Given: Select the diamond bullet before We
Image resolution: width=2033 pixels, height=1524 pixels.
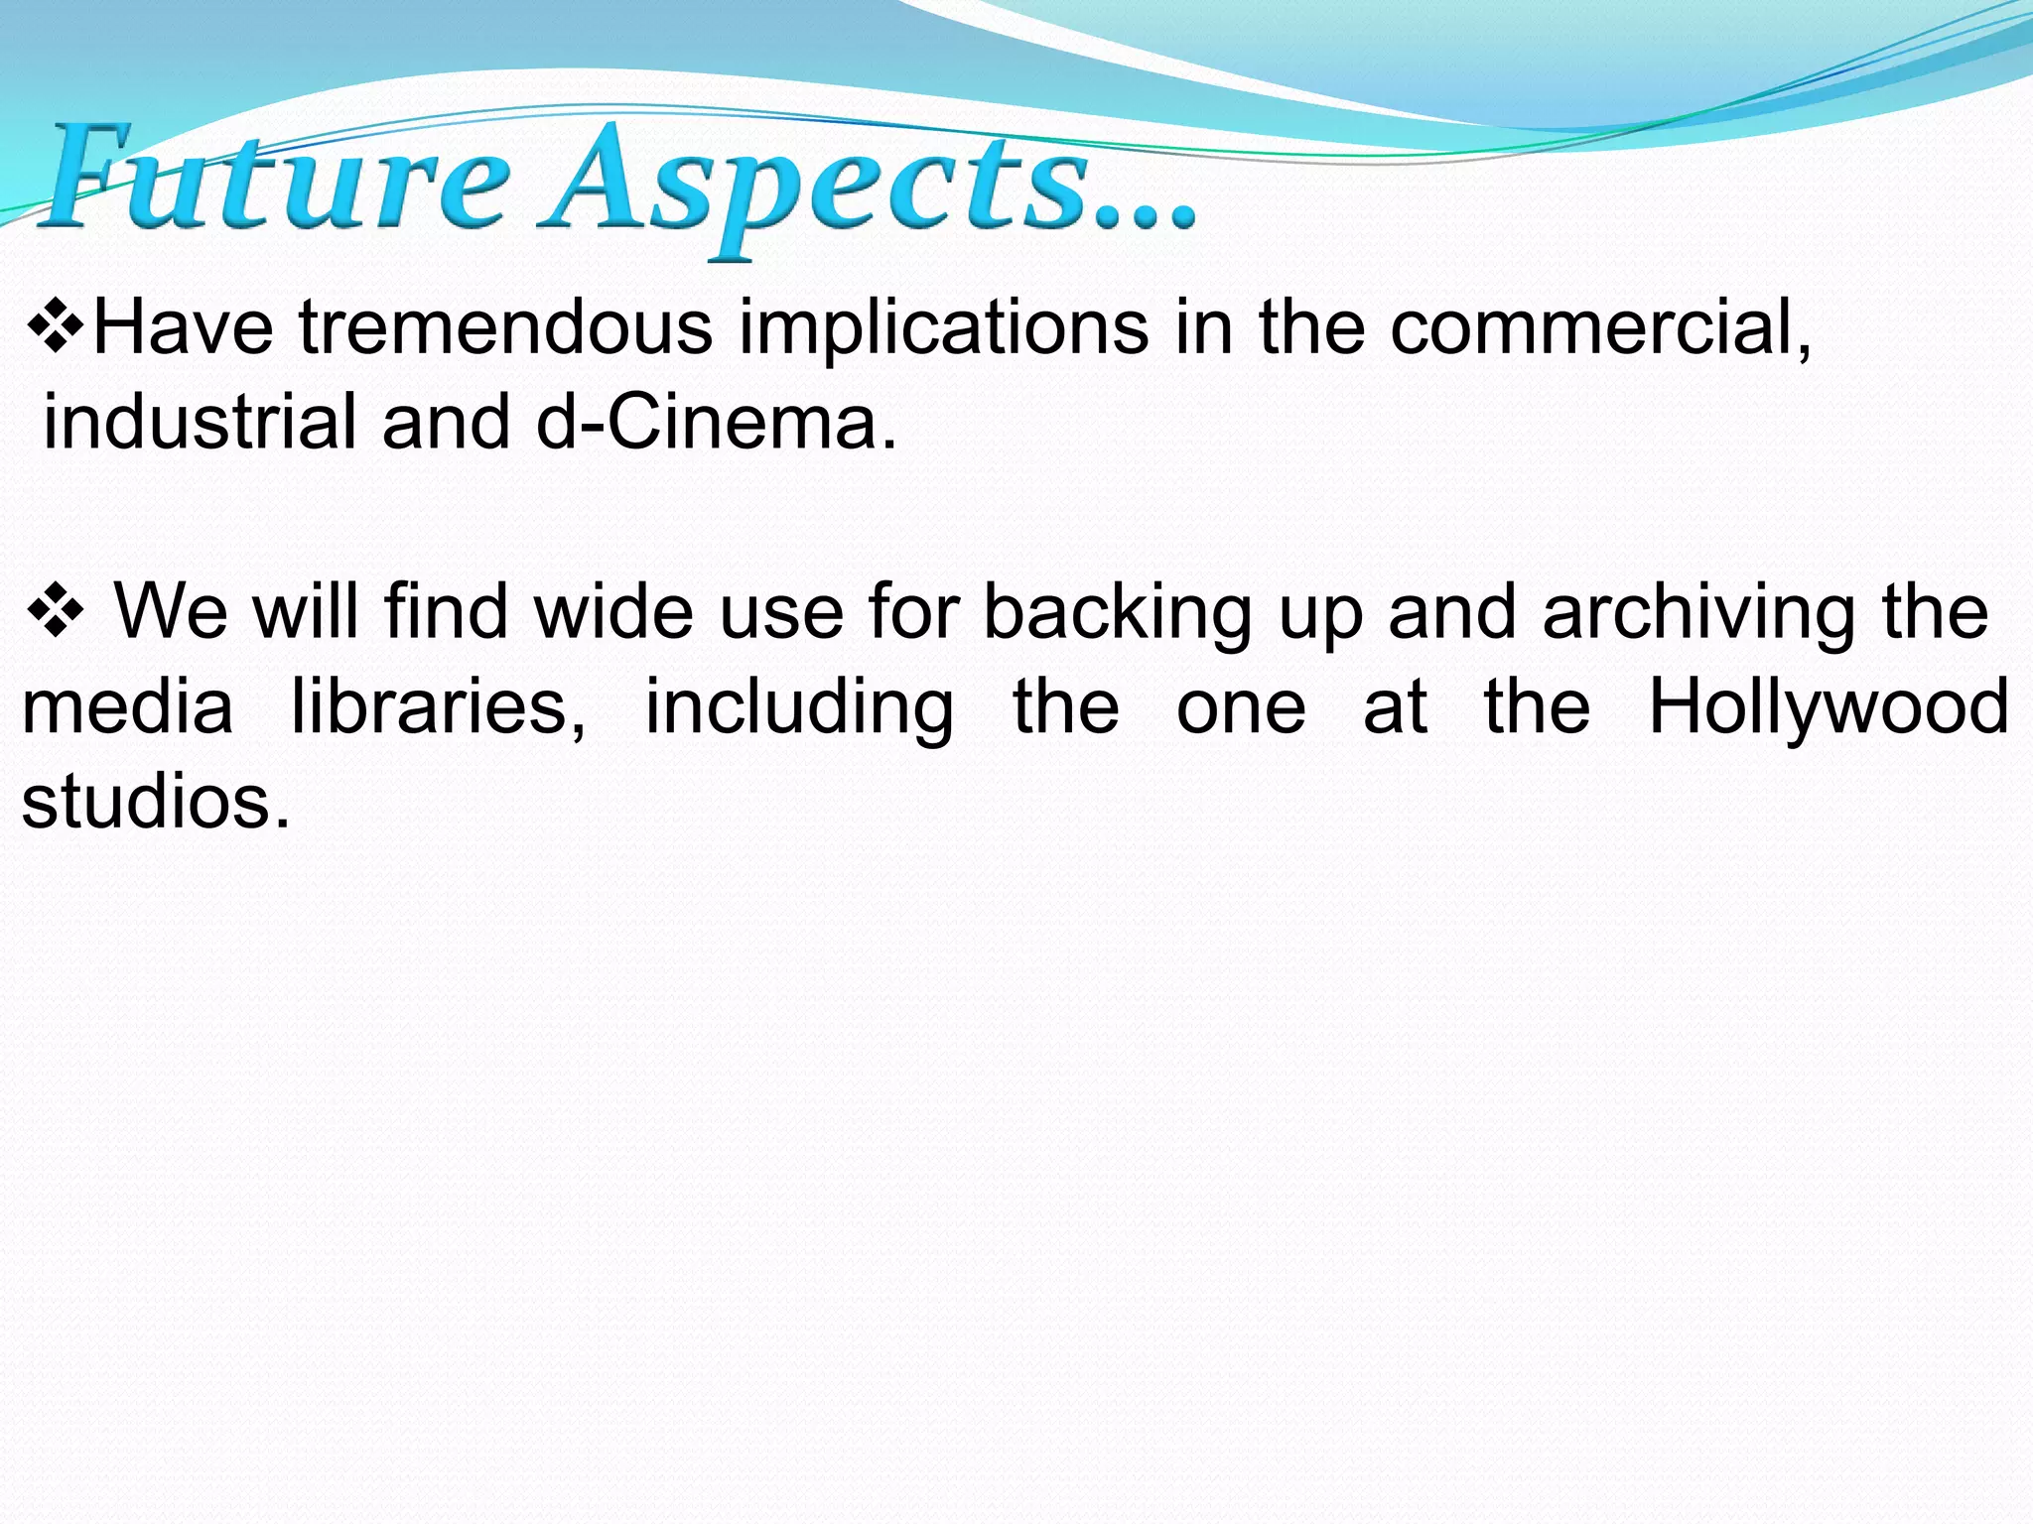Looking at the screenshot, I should [x=57, y=613].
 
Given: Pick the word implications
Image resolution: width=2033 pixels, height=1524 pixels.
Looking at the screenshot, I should [x=943, y=330].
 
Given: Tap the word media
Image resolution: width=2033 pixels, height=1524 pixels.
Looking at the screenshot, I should [x=128, y=706].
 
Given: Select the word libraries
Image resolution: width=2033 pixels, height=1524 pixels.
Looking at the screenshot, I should [x=439, y=708].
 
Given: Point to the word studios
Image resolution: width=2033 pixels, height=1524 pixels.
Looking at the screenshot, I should [x=156, y=802].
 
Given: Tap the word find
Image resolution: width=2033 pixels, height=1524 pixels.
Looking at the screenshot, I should [x=446, y=611].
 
